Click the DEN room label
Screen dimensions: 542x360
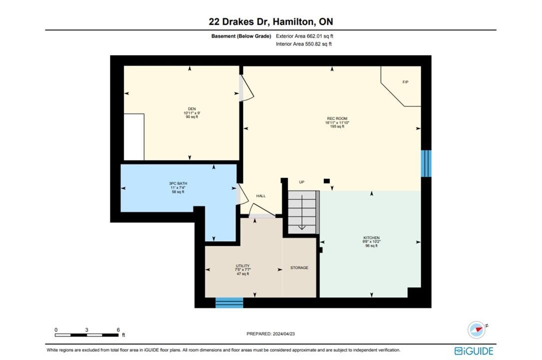click(192, 109)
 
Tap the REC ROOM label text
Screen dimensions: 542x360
click(337, 118)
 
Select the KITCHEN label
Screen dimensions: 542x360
click(372, 237)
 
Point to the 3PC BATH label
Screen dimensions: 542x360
click(178, 183)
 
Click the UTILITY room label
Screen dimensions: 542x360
click(243, 266)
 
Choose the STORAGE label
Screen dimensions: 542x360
click(299, 267)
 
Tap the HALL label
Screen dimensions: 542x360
click(261, 195)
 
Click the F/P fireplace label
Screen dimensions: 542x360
click(406, 82)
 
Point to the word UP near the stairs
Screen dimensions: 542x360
click(302, 182)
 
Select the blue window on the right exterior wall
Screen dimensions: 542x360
click(426, 163)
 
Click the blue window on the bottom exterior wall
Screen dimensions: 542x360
click(229, 302)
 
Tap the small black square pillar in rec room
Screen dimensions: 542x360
click(327, 181)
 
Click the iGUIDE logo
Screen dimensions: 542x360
click(474, 351)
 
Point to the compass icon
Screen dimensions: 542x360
click(477, 329)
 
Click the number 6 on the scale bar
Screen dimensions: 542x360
click(118, 330)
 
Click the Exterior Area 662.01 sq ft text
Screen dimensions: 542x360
click(305, 36)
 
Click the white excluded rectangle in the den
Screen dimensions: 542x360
click(134, 136)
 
